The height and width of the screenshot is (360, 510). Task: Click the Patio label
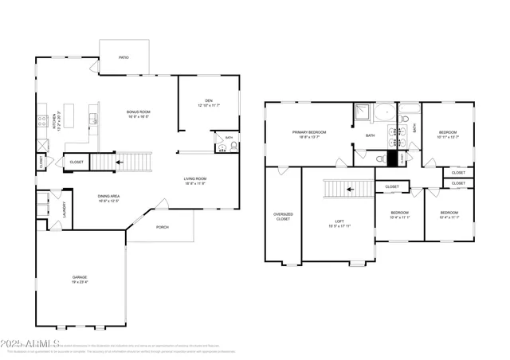[124, 57]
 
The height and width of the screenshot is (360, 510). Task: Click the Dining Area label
[108, 198]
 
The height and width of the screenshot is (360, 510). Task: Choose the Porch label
[162, 226]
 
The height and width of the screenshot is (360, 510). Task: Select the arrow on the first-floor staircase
[119, 162]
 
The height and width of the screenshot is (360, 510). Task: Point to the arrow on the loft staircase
[349, 190]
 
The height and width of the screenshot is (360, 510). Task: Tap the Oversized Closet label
[283, 217]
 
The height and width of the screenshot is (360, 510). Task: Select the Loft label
[339, 223]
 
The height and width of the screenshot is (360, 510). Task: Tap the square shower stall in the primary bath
[363, 112]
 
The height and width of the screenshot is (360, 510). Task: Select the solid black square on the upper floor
[392, 158]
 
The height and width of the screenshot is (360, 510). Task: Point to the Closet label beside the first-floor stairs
[76, 162]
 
